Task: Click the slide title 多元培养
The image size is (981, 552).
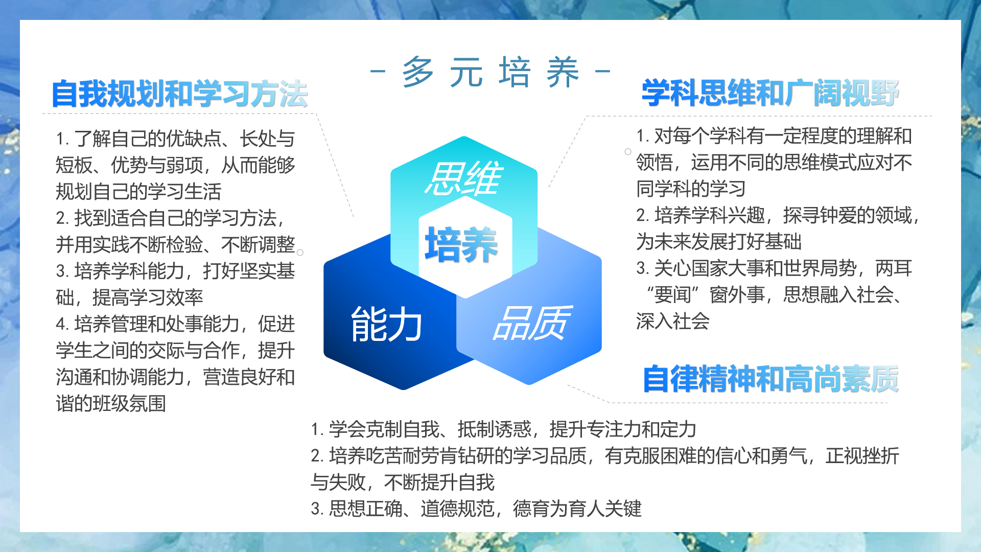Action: pos(491,72)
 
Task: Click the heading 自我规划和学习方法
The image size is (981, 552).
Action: pos(180,94)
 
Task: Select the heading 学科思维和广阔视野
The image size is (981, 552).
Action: pos(770,93)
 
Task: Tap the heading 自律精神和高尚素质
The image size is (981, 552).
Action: pos(770,379)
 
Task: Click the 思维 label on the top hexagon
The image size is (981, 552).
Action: pos(464,178)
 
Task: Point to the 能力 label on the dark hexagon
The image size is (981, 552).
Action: pos(386,324)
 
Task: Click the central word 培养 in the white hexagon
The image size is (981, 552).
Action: pos(461,245)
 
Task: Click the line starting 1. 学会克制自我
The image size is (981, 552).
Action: pos(503,429)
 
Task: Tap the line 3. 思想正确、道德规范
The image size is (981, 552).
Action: pos(476,509)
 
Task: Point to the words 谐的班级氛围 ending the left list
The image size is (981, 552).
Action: pos(111,404)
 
